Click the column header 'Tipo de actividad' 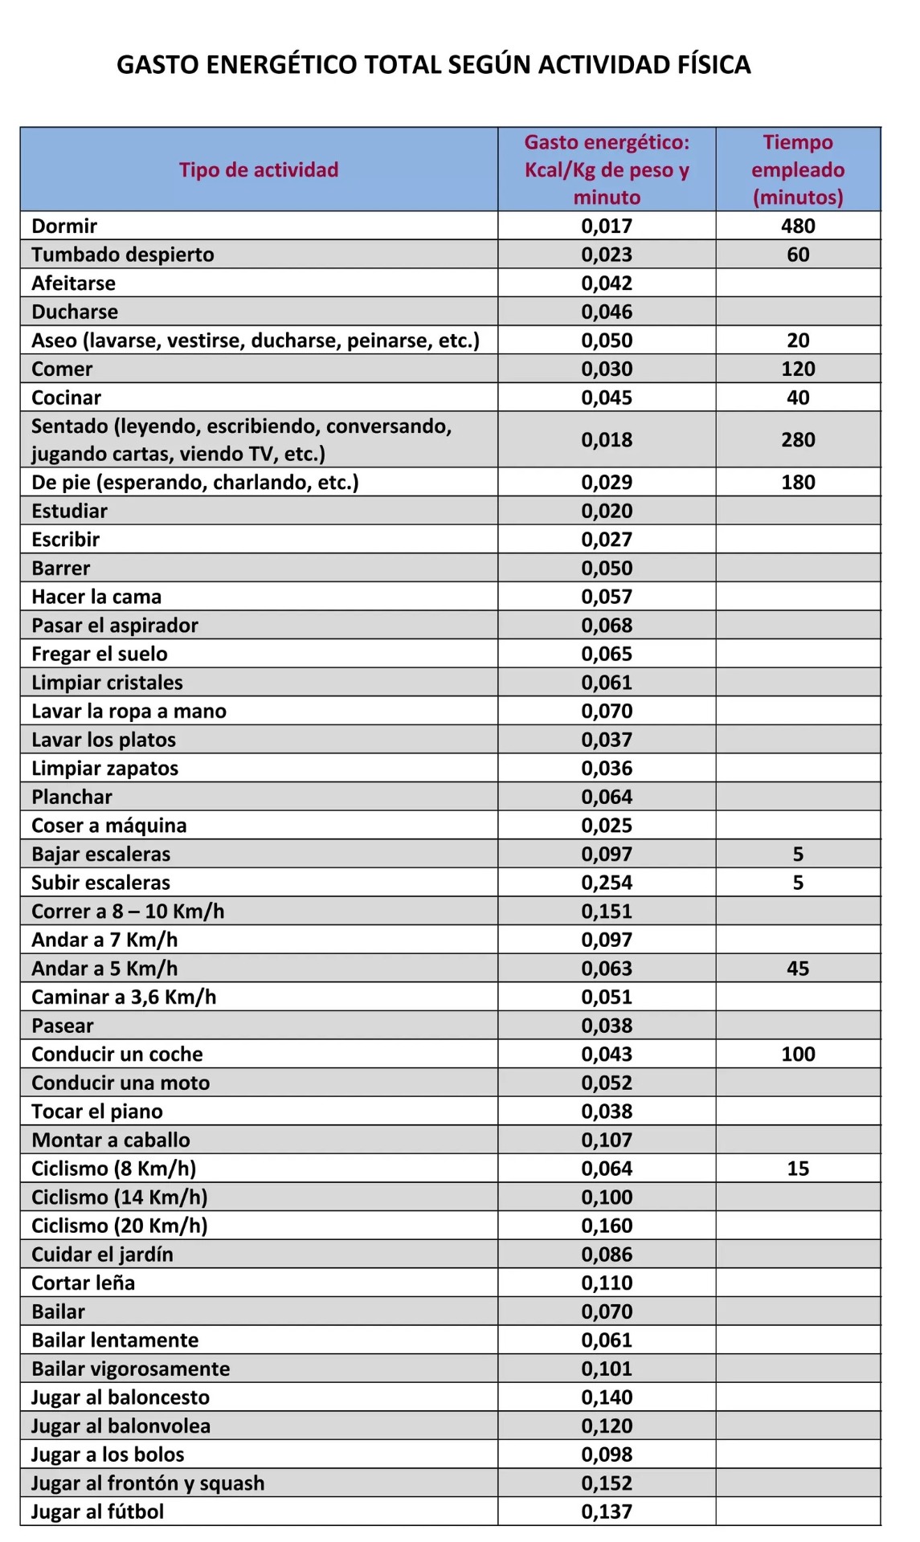[x=259, y=169]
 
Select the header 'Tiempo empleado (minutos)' [x=798, y=169]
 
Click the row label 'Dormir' [x=64, y=226]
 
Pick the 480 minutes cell [x=798, y=226]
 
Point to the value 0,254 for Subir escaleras [x=607, y=883]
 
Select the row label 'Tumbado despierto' [x=123, y=255]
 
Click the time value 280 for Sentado [x=798, y=439]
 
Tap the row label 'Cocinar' [x=67, y=398]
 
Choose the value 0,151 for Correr [x=607, y=912]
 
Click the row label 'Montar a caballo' [x=111, y=1140]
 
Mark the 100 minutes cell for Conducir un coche [x=798, y=1054]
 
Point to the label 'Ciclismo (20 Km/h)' [x=120, y=1226]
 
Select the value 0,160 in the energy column [x=607, y=1226]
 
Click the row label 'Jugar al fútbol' [x=97, y=1511]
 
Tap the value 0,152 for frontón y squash [x=607, y=1483]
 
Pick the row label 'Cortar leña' [x=83, y=1283]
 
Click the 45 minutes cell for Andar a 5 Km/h [x=798, y=969]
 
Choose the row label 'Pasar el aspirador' [x=115, y=625]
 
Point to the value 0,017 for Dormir [x=607, y=226]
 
